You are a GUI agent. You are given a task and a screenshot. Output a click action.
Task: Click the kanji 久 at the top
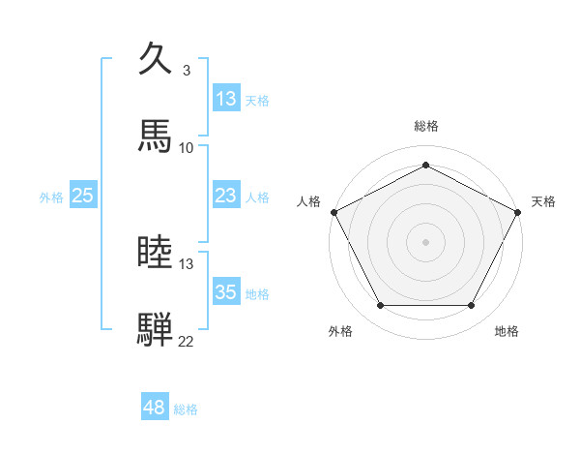(155, 60)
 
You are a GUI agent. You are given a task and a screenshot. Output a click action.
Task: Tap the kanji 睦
(155, 253)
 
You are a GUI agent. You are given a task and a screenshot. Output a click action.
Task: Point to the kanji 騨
(155, 329)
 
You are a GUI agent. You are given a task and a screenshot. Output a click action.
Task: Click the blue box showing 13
(225, 99)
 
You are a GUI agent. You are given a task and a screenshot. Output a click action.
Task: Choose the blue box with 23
(225, 196)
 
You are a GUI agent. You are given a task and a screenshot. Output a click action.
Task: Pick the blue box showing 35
(225, 292)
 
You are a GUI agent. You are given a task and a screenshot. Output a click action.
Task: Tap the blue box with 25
(82, 196)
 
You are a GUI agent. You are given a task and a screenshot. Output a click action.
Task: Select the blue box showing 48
(154, 408)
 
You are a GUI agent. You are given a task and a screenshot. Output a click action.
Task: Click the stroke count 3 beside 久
(186, 71)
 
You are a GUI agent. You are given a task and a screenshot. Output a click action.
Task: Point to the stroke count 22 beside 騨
(186, 341)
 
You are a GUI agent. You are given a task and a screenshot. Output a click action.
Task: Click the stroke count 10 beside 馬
(186, 147)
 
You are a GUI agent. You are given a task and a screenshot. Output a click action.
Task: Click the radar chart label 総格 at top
(426, 126)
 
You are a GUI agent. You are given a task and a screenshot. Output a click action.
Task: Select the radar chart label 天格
(543, 201)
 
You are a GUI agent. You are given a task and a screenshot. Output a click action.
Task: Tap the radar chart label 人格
(308, 201)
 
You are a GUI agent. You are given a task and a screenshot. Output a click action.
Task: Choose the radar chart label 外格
(340, 331)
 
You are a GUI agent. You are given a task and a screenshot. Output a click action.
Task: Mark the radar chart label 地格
(507, 331)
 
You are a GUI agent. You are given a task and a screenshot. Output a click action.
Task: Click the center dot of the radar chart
(426, 241)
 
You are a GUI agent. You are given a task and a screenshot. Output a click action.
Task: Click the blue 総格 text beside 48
(186, 409)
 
